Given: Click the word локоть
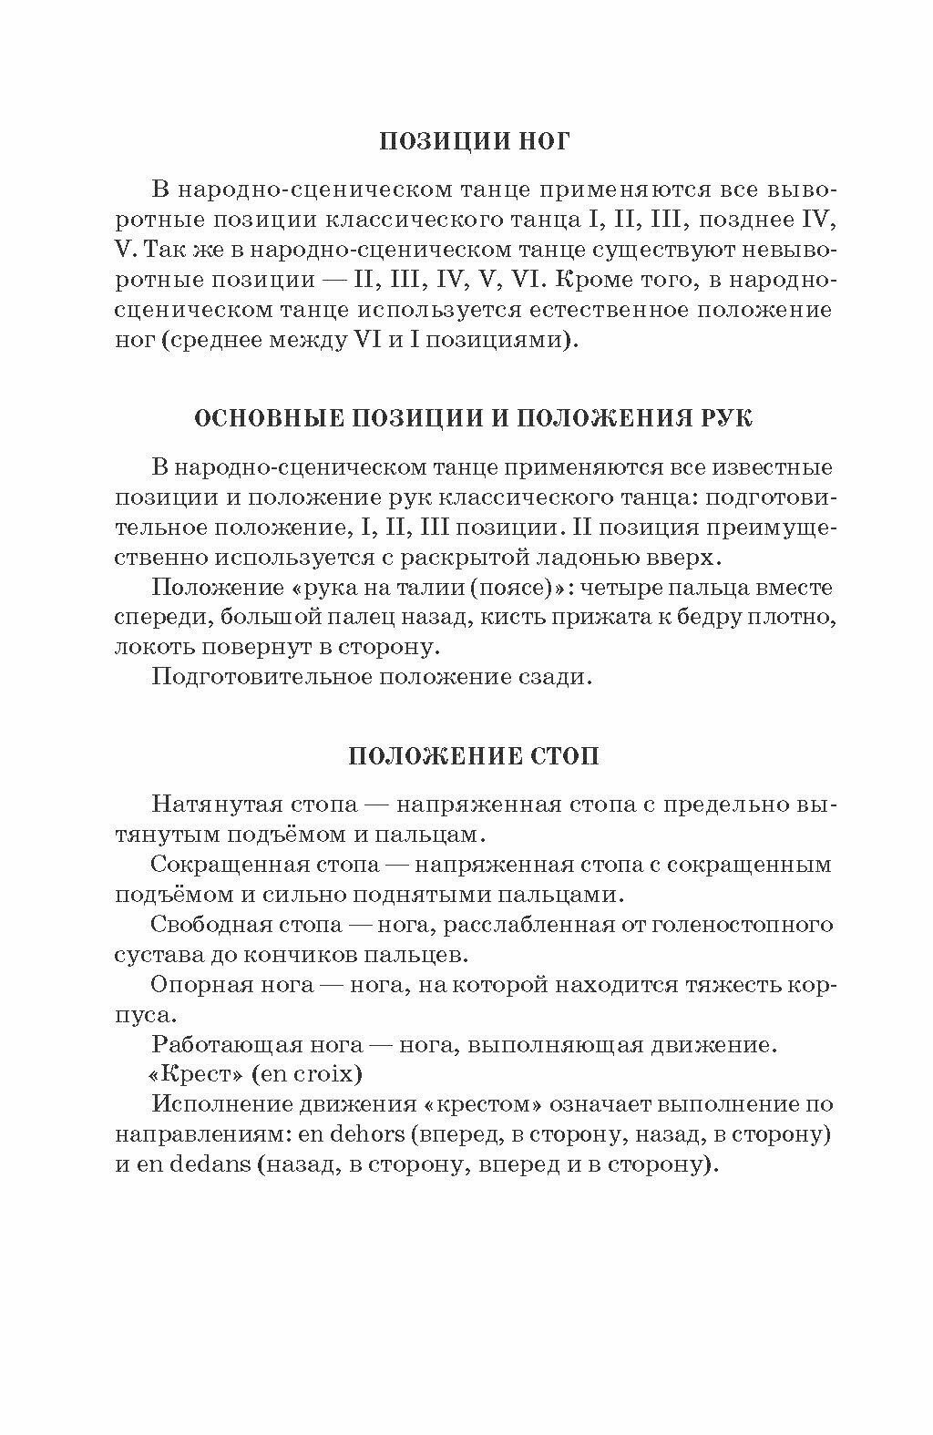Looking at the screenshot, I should [x=152, y=648].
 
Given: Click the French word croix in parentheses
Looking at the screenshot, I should [x=325, y=1075].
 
